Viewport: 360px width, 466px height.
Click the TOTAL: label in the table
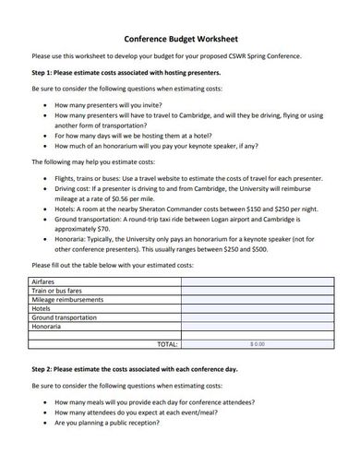(x=167, y=343)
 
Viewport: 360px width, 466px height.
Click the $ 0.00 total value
(x=257, y=343)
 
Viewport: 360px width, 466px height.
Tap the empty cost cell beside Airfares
(x=260, y=281)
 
